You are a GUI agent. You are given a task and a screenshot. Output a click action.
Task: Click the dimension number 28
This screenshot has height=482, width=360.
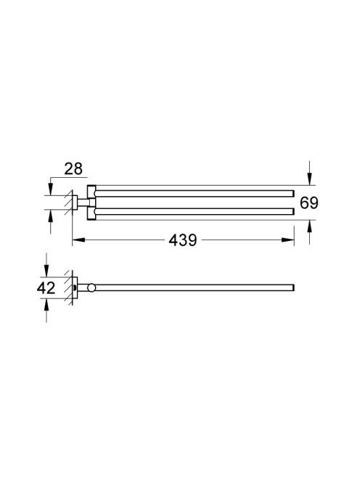(x=73, y=169)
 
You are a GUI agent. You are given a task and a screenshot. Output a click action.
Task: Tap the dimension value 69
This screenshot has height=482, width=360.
(x=309, y=203)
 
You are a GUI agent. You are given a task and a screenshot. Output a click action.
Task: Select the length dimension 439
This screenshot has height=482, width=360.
(x=183, y=240)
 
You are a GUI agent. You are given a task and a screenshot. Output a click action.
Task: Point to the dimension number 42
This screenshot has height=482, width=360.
(x=46, y=288)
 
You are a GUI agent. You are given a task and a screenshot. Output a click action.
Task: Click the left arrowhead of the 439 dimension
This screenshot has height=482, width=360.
(x=78, y=240)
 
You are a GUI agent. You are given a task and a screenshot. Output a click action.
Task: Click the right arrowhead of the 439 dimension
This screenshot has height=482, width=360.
(x=287, y=240)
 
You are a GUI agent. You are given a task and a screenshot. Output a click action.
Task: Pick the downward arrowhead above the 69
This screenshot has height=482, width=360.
(x=310, y=179)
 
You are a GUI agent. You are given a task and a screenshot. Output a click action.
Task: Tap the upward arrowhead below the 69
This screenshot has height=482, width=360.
(x=310, y=226)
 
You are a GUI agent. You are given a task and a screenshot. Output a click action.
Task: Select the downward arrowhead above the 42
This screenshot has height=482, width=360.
(x=46, y=271)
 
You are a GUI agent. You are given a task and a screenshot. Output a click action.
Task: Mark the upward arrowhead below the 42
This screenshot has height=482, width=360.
(x=46, y=306)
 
